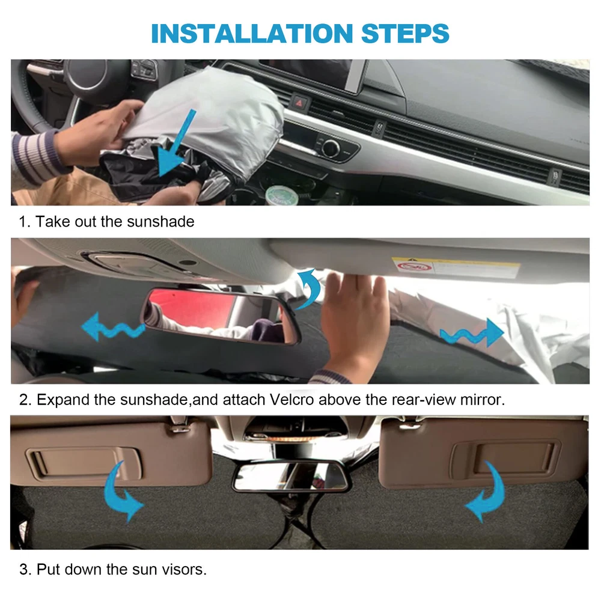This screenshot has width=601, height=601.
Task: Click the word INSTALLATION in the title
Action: [x=252, y=33]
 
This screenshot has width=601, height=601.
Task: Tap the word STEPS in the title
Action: [x=405, y=33]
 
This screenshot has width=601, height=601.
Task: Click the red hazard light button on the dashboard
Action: [x=299, y=103]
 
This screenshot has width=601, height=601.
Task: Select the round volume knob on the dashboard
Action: [x=331, y=148]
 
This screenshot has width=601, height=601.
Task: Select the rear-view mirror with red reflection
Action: [x=221, y=316]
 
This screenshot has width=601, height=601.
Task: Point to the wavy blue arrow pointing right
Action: [x=471, y=334]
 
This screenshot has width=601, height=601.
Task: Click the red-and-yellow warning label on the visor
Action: [x=456, y=267]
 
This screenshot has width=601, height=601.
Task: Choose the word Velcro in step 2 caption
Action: [x=291, y=400]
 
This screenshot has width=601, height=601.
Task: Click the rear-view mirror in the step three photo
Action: [x=290, y=477]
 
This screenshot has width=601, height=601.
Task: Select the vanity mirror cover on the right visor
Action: [x=505, y=458]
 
